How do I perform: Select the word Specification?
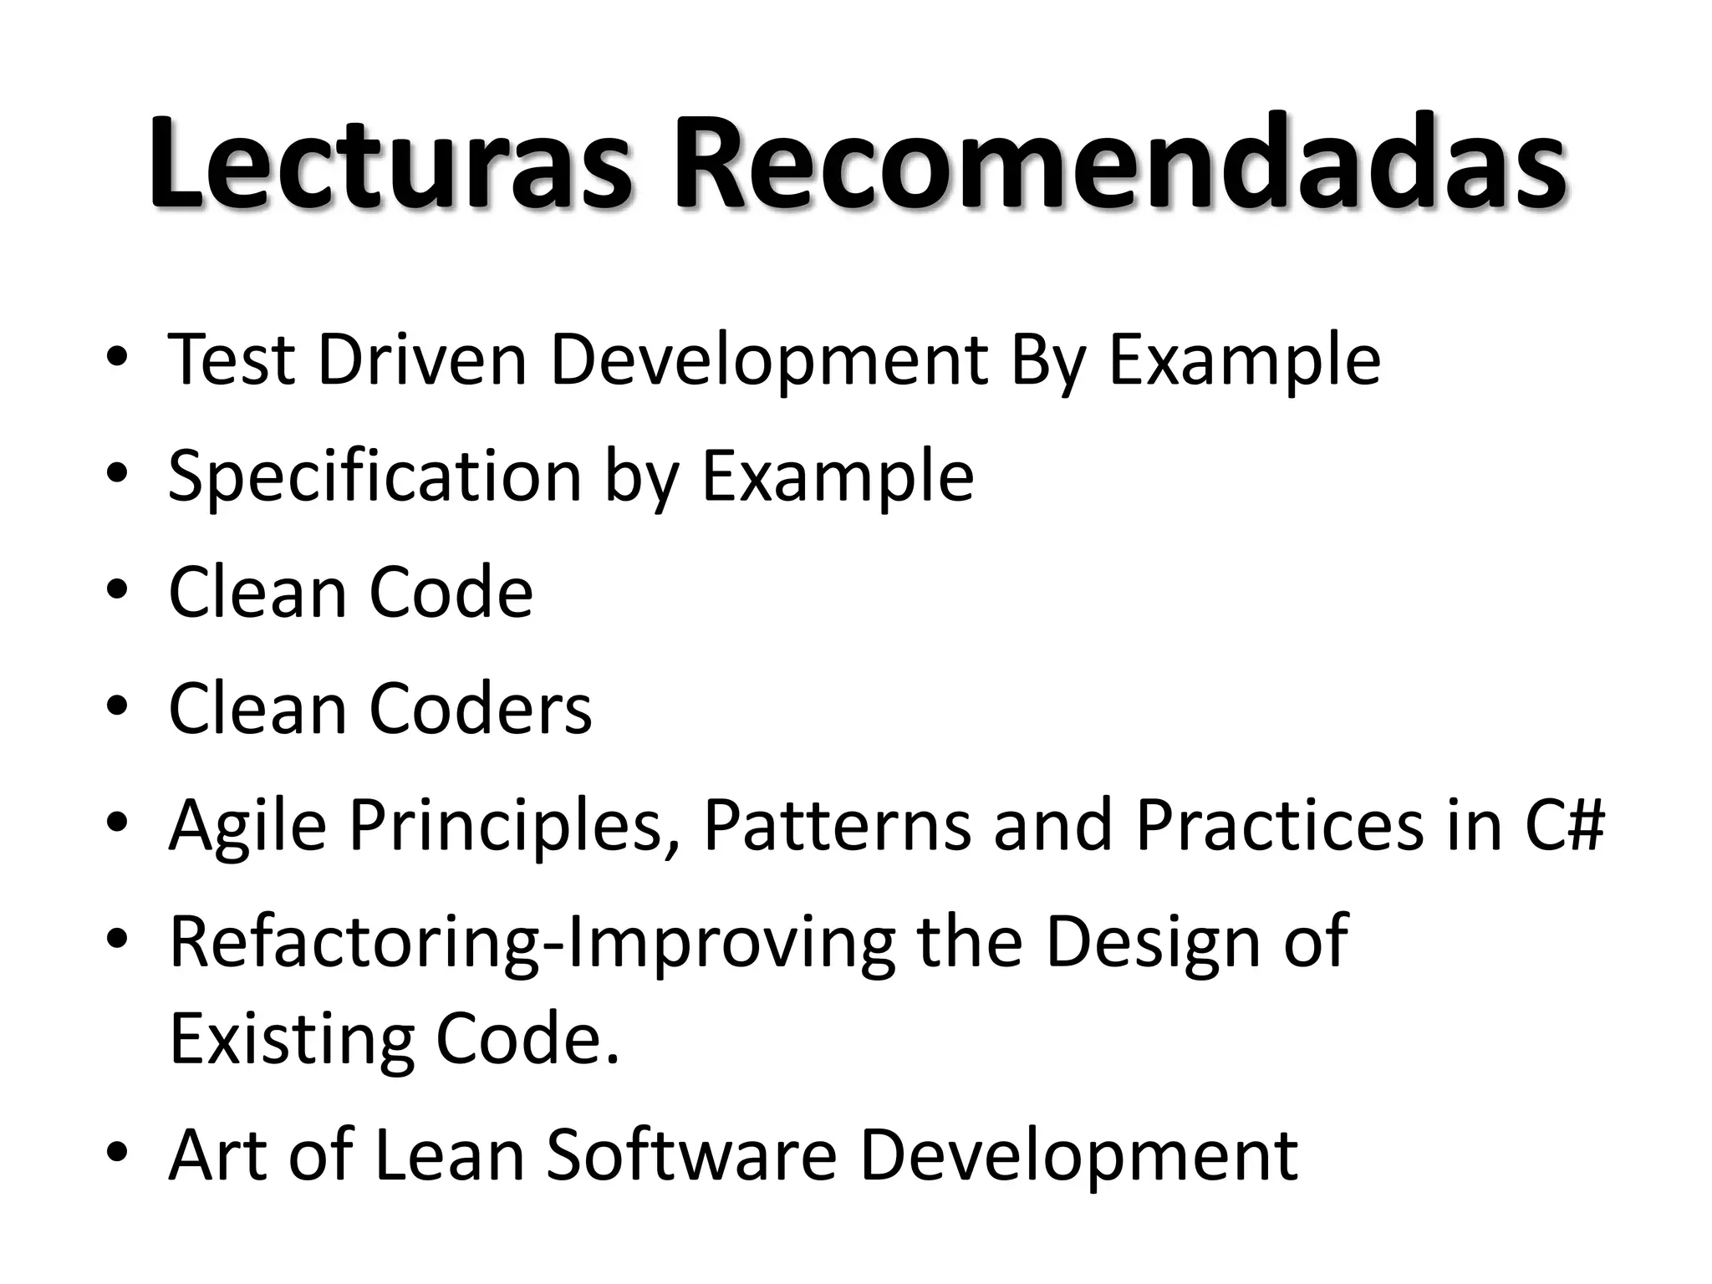(x=374, y=476)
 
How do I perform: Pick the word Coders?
(x=480, y=709)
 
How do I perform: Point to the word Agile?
(x=247, y=826)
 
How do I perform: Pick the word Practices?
(x=1280, y=825)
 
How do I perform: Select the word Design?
(x=1153, y=942)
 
